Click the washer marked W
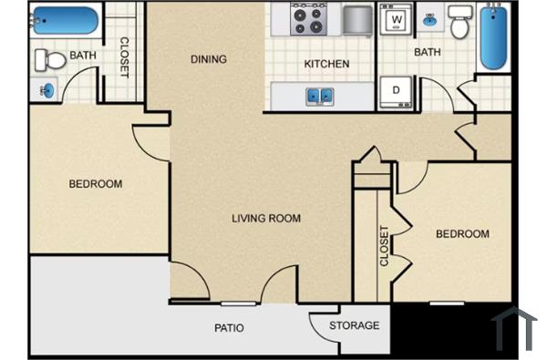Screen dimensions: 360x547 [397, 19]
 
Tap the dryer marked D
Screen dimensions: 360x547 [397, 90]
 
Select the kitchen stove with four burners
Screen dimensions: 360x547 [308, 19]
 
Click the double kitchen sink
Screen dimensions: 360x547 [319, 94]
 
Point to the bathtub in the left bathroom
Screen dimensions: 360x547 [64, 20]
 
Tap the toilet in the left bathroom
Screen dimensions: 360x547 [51, 60]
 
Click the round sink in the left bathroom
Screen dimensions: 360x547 [46, 89]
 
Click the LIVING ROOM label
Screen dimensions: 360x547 [265, 219]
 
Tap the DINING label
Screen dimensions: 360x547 [209, 60]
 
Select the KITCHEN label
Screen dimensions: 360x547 [326, 64]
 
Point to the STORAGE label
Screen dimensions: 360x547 [355, 325]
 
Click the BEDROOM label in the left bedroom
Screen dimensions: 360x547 [95, 184]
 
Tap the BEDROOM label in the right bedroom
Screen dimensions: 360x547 [461, 234]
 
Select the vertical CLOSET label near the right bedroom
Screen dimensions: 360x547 [384, 246]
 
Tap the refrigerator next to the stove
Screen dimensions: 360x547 [356, 18]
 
